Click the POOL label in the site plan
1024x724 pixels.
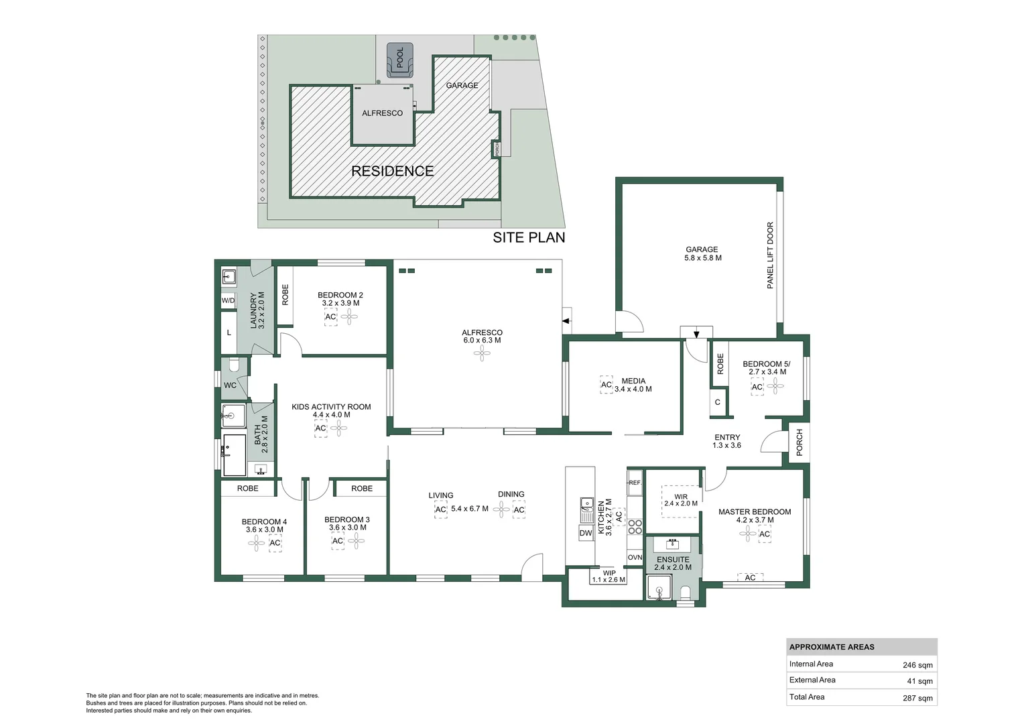(400, 57)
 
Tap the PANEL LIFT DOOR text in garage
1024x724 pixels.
(770, 255)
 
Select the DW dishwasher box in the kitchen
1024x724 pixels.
(585, 533)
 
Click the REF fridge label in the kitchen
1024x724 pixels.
(634, 482)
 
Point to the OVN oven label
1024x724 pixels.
(635, 557)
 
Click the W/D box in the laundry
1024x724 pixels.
(229, 300)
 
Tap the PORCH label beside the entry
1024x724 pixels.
(799, 442)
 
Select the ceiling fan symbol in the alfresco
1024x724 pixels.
(482, 354)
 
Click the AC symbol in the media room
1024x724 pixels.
(606, 385)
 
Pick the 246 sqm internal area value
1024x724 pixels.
(917, 665)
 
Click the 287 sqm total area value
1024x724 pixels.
(917, 698)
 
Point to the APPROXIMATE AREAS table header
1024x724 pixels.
(832, 647)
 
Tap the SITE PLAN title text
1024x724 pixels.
(529, 237)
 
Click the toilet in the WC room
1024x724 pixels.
(233, 365)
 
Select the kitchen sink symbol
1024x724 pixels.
(586, 503)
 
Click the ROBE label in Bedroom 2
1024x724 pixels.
(285, 295)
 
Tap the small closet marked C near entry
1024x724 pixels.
(718, 402)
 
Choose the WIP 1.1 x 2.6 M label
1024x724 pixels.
(608, 577)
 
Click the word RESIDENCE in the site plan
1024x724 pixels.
(392, 171)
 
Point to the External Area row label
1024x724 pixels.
(812, 680)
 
